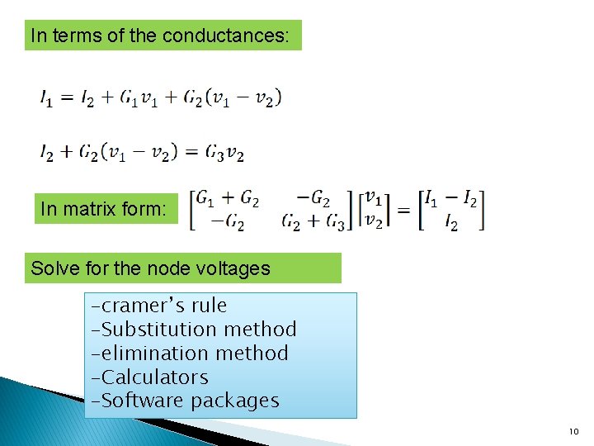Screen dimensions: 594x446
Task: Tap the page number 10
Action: [x=574, y=432]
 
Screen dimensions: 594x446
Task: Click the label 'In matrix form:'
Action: [x=103, y=210]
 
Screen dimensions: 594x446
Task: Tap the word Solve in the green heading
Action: [x=51, y=268]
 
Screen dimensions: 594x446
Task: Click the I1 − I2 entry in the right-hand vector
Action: [x=449, y=200]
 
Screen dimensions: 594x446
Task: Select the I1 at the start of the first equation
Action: [x=47, y=98]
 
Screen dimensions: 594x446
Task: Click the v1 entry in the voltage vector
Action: [x=374, y=200]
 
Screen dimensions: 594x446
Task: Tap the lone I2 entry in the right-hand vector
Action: [x=450, y=223]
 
